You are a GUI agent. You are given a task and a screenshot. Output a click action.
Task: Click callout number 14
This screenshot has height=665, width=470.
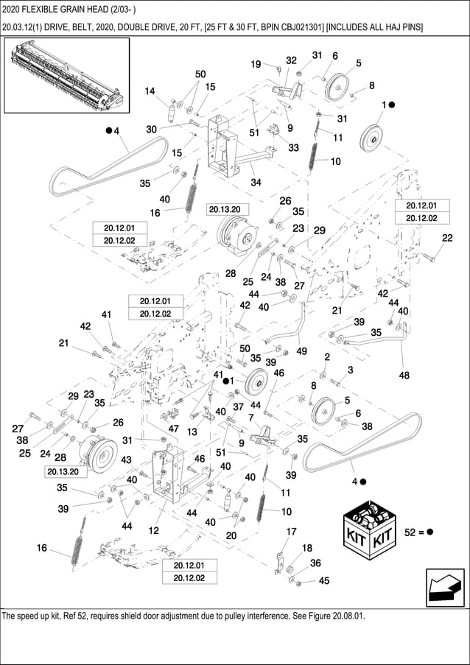pyautogui.click(x=150, y=91)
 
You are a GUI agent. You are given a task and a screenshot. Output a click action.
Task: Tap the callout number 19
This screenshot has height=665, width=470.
pyautogui.click(x=256, y=65)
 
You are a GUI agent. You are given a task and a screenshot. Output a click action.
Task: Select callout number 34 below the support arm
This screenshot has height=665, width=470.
pyautogui.click(x=256, y=183)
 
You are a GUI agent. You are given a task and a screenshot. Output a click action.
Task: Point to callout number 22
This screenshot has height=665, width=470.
pyautogui.click(x=447, y=237)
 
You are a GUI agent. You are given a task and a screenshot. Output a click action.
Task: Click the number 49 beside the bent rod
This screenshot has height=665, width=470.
pyautogui.click(x=301, y=351)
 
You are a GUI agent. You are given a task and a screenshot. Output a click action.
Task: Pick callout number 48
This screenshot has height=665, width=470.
pyautogui.click(x=404, y=375)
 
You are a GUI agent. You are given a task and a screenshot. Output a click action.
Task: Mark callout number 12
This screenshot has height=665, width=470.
pyautogui.click(x=154, y=529)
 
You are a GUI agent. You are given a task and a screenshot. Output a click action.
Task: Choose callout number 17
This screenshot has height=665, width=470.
pyautogui.click(x=291, y=532)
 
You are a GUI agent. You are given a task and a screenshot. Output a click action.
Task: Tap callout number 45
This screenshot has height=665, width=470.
pyautogui.click(x=324, y=582)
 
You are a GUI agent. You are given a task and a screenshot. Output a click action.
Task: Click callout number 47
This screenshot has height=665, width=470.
pyautogui.click(x=173, y=429)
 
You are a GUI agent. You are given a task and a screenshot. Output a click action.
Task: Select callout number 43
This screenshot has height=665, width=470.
pyautogui.click(x=127, y=460)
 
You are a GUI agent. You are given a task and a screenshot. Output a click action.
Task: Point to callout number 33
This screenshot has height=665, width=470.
pyautogui.click(x=293, y=148)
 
